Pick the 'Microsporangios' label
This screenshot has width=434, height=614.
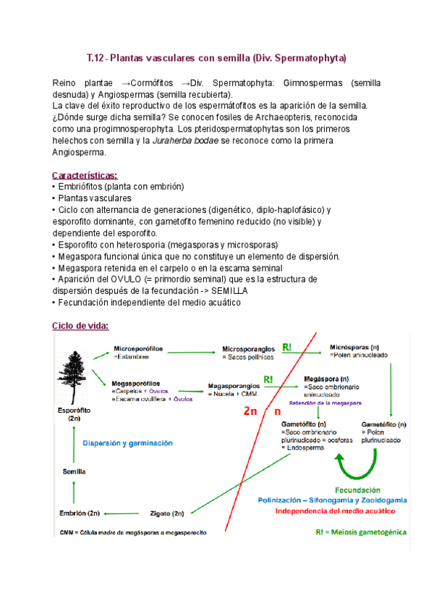pos(249,348)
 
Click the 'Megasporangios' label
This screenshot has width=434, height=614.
pos(234,386)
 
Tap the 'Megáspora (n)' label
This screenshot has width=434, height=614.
pos(326,378)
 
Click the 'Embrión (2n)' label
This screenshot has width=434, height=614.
pos(80,513)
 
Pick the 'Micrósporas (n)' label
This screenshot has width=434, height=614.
pos(352,346)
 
